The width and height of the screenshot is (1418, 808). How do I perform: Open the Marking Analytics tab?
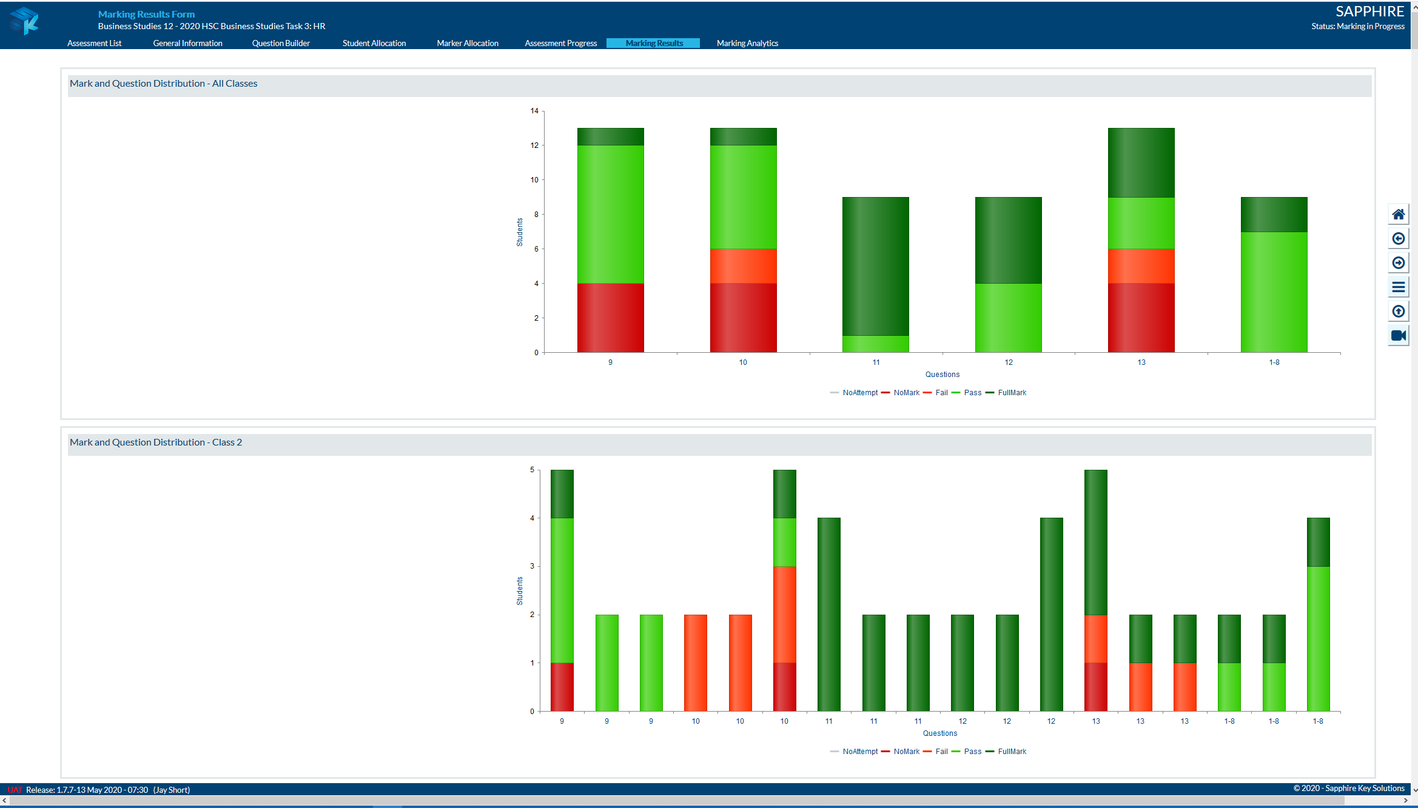coord(747,43)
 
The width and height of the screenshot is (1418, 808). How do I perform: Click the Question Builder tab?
coord(281,43)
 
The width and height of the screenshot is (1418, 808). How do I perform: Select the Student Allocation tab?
coord(374,43)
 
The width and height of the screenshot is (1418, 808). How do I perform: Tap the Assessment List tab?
coord(94,43)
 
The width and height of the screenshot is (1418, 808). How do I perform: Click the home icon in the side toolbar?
coord(1398,214)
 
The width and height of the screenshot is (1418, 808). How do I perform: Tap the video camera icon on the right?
coord(1398,335)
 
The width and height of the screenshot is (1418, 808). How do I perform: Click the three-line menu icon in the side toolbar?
coord(1398,287)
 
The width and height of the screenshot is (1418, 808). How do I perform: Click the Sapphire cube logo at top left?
coord(25,21)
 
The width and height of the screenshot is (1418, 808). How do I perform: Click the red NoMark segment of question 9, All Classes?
coord(610,318)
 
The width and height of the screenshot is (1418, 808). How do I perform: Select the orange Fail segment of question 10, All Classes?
coord(743,265)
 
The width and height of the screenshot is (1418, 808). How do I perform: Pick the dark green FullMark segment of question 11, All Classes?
coord(876,266)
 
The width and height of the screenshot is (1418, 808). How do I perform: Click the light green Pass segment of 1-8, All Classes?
coord(1274,292)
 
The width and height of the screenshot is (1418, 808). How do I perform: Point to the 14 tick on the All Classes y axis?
coord(534,111)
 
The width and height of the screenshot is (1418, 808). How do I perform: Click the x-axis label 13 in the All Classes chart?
coord(1141,362)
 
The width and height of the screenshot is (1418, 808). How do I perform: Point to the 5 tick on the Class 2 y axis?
coord(533,470)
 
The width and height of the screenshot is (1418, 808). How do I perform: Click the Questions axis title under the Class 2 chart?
coord(940,733)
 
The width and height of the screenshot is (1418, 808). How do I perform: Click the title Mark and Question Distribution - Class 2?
coord(156,442)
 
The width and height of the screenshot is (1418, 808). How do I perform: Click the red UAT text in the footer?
coord(15,790)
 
